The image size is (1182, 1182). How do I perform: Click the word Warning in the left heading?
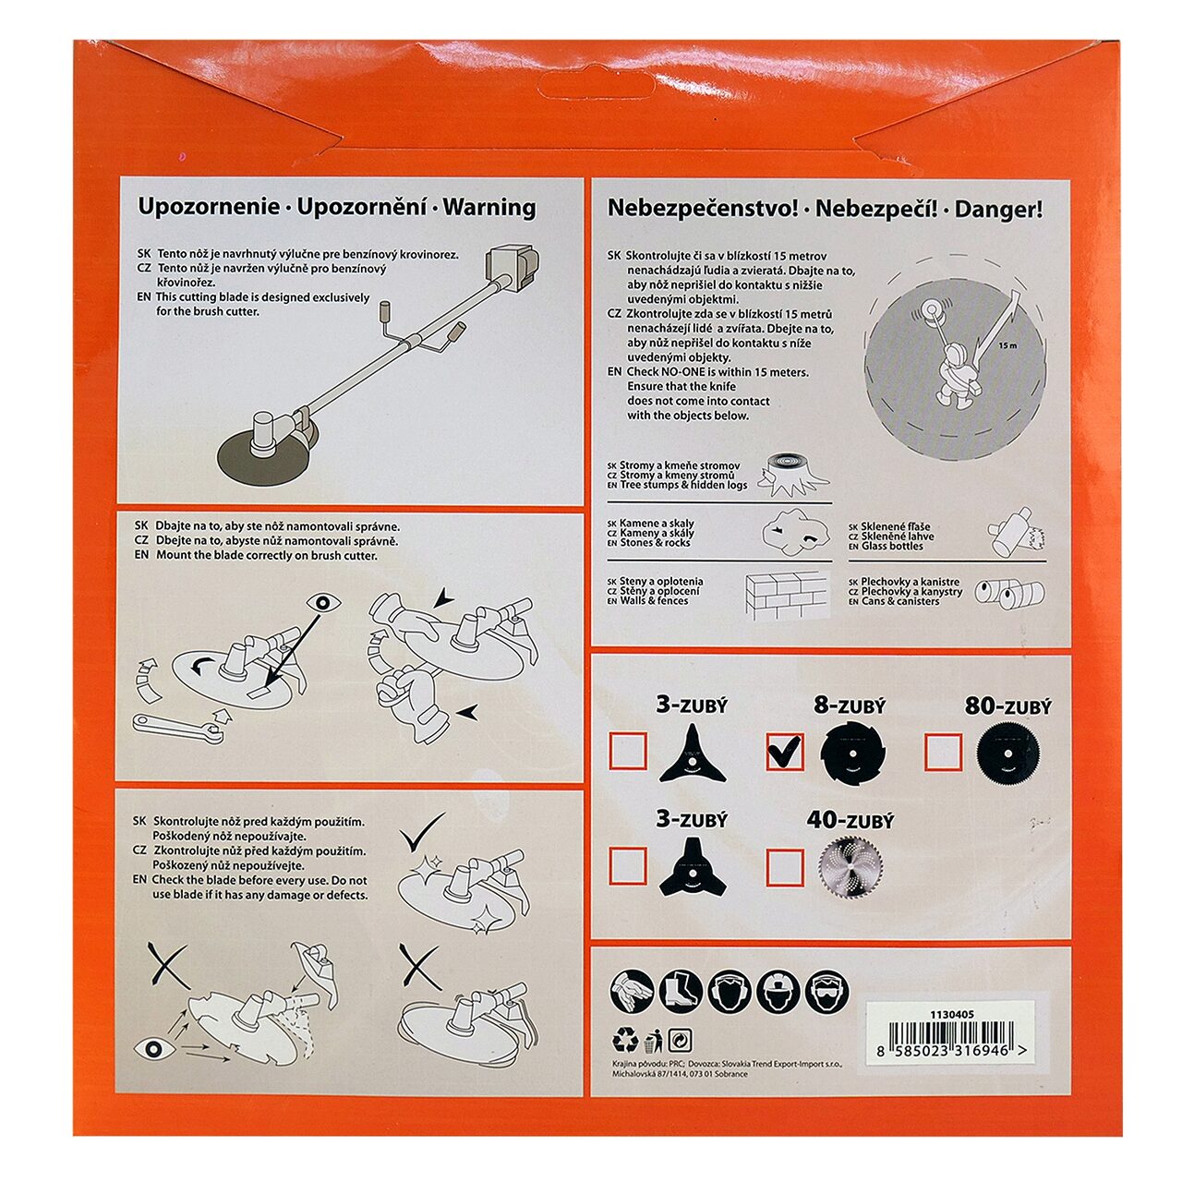(488, 208)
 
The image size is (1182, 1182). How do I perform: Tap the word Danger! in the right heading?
(998, 210)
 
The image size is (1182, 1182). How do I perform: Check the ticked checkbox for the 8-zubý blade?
(785, 752)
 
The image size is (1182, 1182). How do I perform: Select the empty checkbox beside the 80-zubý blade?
(943, 752)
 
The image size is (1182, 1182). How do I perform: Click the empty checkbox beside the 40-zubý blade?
(785, 867)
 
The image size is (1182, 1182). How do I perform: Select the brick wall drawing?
(787, 595)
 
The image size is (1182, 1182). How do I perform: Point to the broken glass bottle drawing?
(1015, 532)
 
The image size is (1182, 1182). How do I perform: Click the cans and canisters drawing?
(1008, 593)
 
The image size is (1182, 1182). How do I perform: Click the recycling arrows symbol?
(625, 1041)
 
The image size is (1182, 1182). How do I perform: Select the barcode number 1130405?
(952, 1014)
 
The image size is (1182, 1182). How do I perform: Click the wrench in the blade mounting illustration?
(178, 726)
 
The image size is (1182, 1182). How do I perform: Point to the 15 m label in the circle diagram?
(1007, 345)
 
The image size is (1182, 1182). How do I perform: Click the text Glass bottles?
(892, 546)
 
